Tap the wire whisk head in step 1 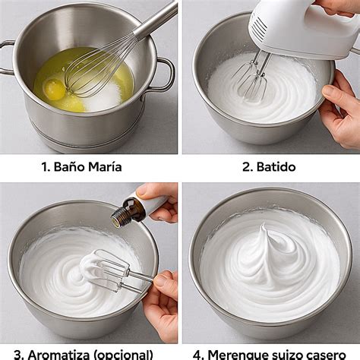93,68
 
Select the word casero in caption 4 331,354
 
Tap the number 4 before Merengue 200,354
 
